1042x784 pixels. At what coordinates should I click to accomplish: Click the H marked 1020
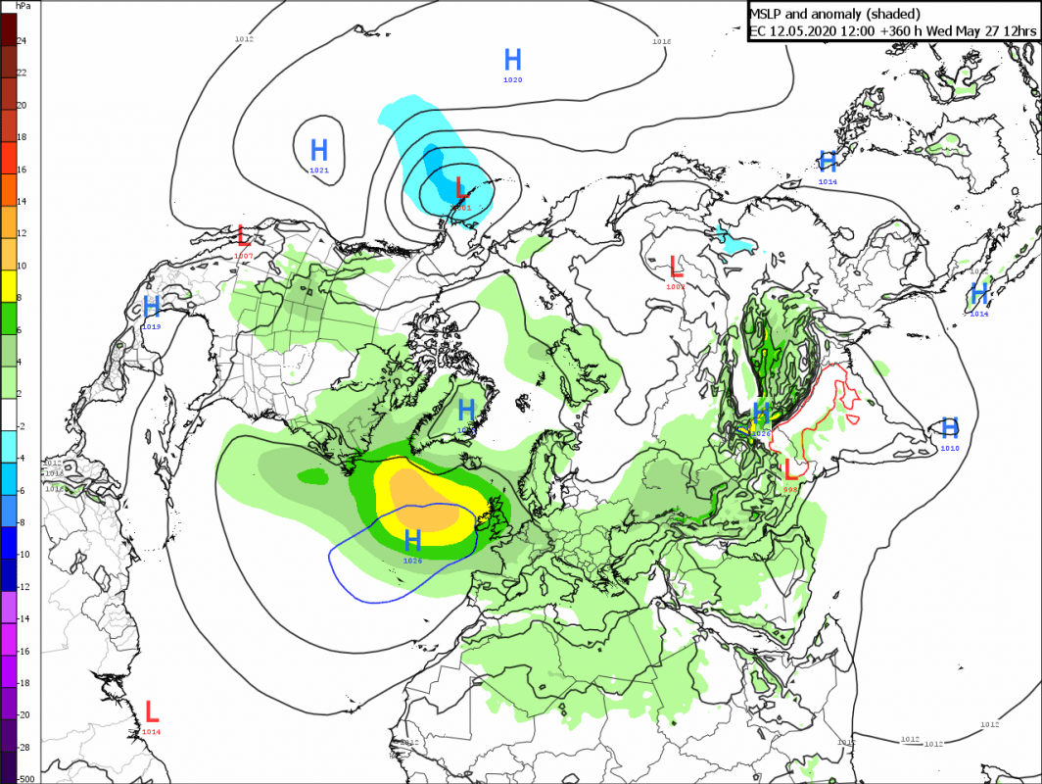513,59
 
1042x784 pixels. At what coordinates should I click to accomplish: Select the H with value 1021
319,151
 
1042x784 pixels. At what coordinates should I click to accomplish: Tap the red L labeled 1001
462,187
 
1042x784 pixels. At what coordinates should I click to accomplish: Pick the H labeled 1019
152,306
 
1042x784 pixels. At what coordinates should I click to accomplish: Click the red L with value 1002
676,266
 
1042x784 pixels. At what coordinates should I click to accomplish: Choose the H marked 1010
949,427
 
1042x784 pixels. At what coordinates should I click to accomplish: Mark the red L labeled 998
791,469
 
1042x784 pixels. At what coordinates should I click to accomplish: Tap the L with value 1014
152,711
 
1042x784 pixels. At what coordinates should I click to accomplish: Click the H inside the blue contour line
413,540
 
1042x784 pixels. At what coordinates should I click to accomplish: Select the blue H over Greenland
467,409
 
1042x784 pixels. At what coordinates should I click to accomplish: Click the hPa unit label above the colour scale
22,7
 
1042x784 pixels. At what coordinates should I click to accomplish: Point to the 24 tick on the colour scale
22,40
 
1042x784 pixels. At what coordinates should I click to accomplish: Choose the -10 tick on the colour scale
24,554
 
